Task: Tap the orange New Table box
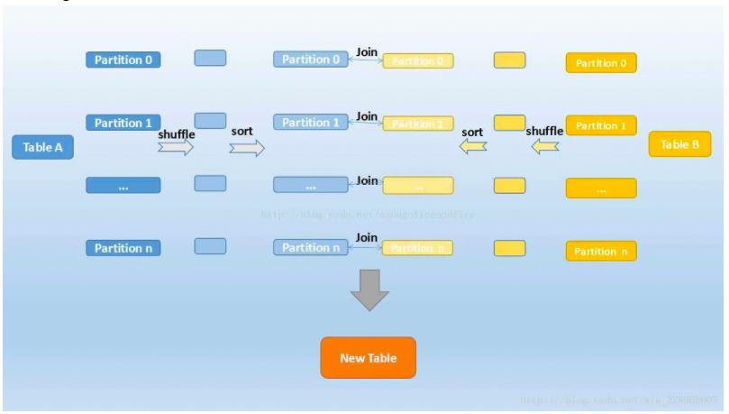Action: coord(368,358)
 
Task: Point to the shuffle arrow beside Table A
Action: coord(176,148)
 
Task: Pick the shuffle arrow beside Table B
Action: coord(545,145)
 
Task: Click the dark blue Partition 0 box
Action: coord(123,60)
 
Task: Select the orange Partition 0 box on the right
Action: coord(601,63)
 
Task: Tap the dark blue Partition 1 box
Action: coord(123,123)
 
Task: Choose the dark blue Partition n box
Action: coord(123,248)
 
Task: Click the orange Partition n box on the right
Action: coord(601,252)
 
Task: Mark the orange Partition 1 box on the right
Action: coord(601,126)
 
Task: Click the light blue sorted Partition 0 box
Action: coord(311,60)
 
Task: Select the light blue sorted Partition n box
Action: coord(311,247)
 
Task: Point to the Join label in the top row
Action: coord(367,52)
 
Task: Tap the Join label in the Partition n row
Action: coord(367,237)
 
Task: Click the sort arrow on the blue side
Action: coord(247,148)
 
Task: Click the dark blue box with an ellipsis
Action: coord(123,186)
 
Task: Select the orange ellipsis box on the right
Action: coord(601,189)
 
